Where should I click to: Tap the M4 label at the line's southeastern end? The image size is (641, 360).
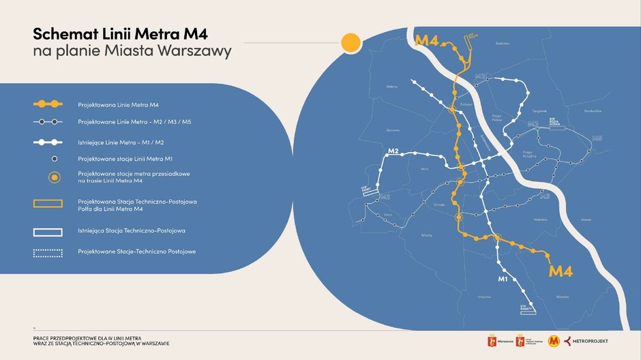561,271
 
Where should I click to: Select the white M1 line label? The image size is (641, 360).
504,279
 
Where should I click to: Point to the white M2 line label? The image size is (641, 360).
392,151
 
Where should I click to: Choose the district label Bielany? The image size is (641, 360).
391,87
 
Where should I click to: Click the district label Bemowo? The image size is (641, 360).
393,130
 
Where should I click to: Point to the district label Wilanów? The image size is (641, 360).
562,297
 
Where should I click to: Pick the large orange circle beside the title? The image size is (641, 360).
351,42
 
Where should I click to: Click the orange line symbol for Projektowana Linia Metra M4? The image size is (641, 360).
48,104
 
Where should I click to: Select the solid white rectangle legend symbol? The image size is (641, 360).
48,232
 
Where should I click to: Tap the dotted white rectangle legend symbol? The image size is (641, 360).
48,252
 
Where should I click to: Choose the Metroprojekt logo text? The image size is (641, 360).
591,341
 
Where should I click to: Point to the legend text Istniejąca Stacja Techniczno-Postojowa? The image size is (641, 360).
132,231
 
